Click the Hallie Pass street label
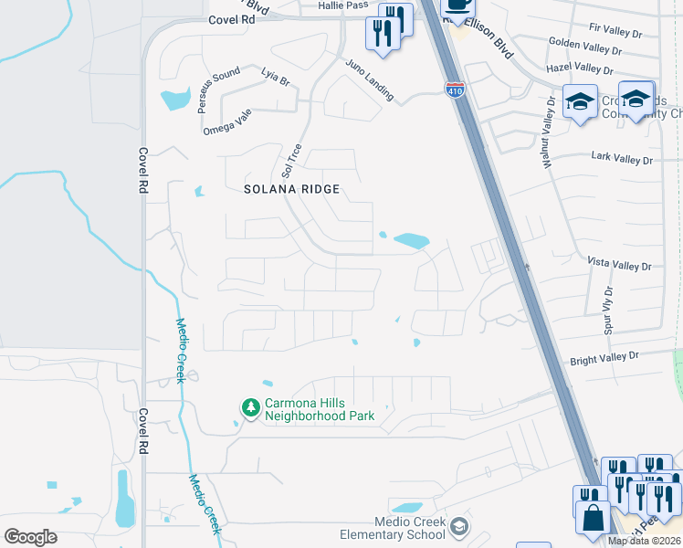coord(343,5)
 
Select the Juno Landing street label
coord(369,79)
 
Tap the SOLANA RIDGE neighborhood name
coord(291,189)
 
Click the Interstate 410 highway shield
coord(454,90)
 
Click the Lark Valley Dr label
coord(623,160)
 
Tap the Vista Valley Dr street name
coord(619,266)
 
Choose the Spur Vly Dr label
coord(610,311)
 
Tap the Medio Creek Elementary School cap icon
coord(461,525)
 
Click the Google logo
coord(30,536)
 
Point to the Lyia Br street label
coord(274,80)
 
